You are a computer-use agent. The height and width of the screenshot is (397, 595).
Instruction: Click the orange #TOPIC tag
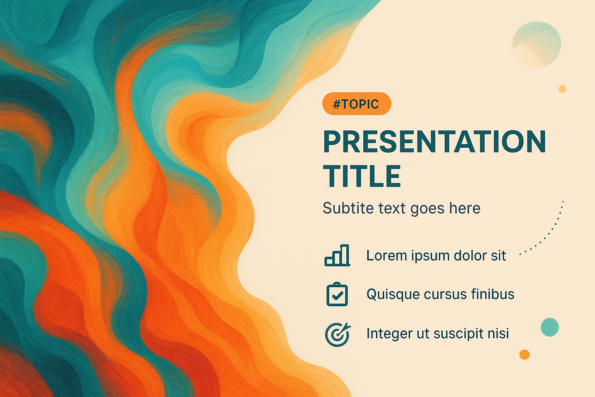(x=356, y=104)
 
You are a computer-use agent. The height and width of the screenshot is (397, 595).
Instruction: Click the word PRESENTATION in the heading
(x=435, y=142)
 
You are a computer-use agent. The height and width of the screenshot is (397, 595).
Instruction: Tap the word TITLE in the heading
(x=362, y=176)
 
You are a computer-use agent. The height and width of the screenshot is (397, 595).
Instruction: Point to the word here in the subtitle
(x=465, y=208)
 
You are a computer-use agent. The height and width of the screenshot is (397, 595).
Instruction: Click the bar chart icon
(x=337, y=255)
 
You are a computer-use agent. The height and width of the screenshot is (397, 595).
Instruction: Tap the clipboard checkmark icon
(x=337, y=294)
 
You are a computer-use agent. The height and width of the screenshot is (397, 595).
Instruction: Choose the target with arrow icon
(x=338, y=334)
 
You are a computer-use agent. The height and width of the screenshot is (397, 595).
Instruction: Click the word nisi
(x=500, y=333)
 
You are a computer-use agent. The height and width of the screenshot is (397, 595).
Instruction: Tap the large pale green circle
(x=537, y=44)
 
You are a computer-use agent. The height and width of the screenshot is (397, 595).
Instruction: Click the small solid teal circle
(x=550, y=327)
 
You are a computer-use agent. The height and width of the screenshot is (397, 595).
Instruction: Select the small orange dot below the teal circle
(x=524, y=354)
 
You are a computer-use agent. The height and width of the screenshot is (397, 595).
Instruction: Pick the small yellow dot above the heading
(x=562, y=89)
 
